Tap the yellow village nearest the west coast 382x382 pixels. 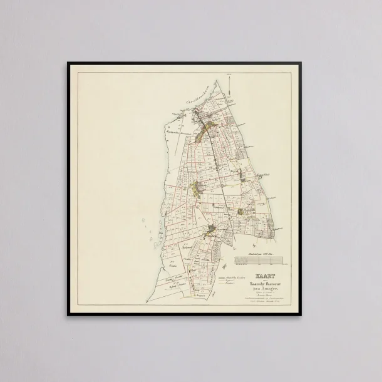pyautogui.click(x=197, y=187)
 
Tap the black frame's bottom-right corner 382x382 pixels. pyautogui.click(x=314, y=315)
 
